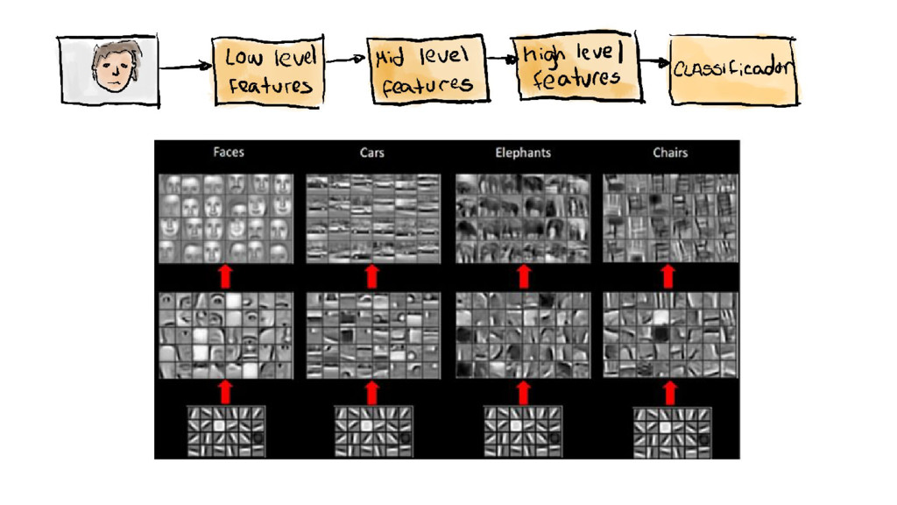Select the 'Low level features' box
pyautogui.click(x=269, y=72)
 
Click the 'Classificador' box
pyautogui.click(x=734, y=70)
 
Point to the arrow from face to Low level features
pyautogui.click(x=186, y=68)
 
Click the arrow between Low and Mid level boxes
pyautogui.click(x=345, y=60)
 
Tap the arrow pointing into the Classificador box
pyautogui.click(x=653, y=62)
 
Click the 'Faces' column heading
pyautogui.click(x=229, y=153)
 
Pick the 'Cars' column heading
pyautogui.click(x=372, y=153)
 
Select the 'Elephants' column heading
pyautogui.click(x=523, y=153)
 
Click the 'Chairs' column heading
pyautogui.click(x=670, y=153)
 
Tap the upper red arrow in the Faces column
pyautogui.click(x=225, y=276)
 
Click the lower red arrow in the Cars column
pyautogui.click(x=372, y=392)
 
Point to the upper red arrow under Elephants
pyautogui.click(x=525, y=276)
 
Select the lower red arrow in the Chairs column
pyautogui.click(x=670, y=392)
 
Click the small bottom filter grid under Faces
pyautogui.click(x=226, y=430)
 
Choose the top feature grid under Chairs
pyautogui.click(x=670, y=217)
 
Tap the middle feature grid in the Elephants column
pyautogui.click(x=523, y=335)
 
